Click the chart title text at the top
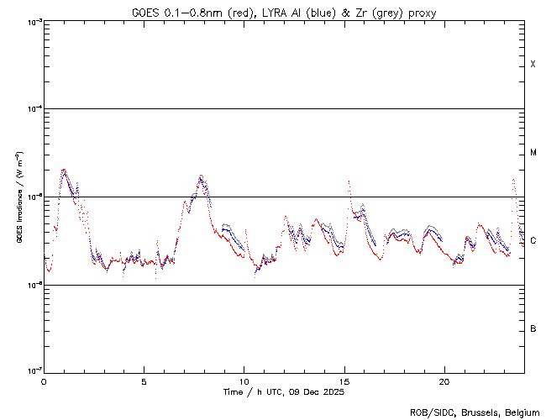[x=284, y=13]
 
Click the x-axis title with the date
[x=283, y=392]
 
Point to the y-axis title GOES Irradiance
[x=18, y=197]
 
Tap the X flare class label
[x=533, y=65]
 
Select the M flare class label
[x=533, y=153]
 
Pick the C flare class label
[x=533, y=241]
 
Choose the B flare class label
[x=533, y=328]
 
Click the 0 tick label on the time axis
[x=44, y=381]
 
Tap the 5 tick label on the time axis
[x=144, y=381]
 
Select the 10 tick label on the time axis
[x=244, y=381]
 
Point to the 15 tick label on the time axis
[x=344, y=381]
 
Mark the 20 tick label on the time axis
[x=444, y=381]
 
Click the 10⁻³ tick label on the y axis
[x=32, y=22]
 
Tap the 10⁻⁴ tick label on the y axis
[x=32, y=109]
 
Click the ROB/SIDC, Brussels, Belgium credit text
[x=475, y=412]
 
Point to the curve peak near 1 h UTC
[x=64, y=170]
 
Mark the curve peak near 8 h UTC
[x=201, y=176]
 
